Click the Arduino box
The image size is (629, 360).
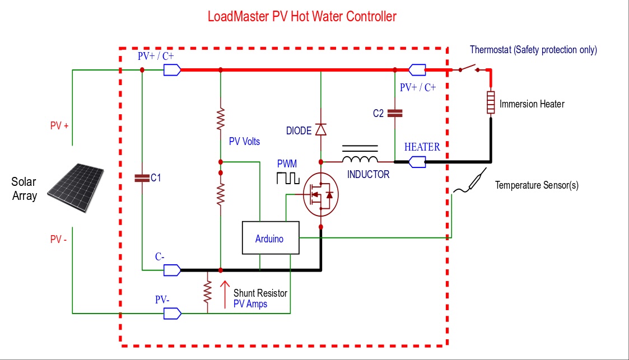[269, 239]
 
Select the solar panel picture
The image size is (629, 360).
[75, 187]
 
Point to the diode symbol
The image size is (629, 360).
[320, 129]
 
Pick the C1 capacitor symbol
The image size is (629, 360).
[142, 178]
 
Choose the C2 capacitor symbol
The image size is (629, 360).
[395, 113]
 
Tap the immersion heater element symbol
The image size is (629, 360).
[490, 102]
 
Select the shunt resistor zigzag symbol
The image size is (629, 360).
[207, 292]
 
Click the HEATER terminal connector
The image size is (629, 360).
[417, 162]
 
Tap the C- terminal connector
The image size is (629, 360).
[171, 270]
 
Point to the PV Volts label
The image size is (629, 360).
[244, 142]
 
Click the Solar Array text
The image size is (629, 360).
[24, 189]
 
